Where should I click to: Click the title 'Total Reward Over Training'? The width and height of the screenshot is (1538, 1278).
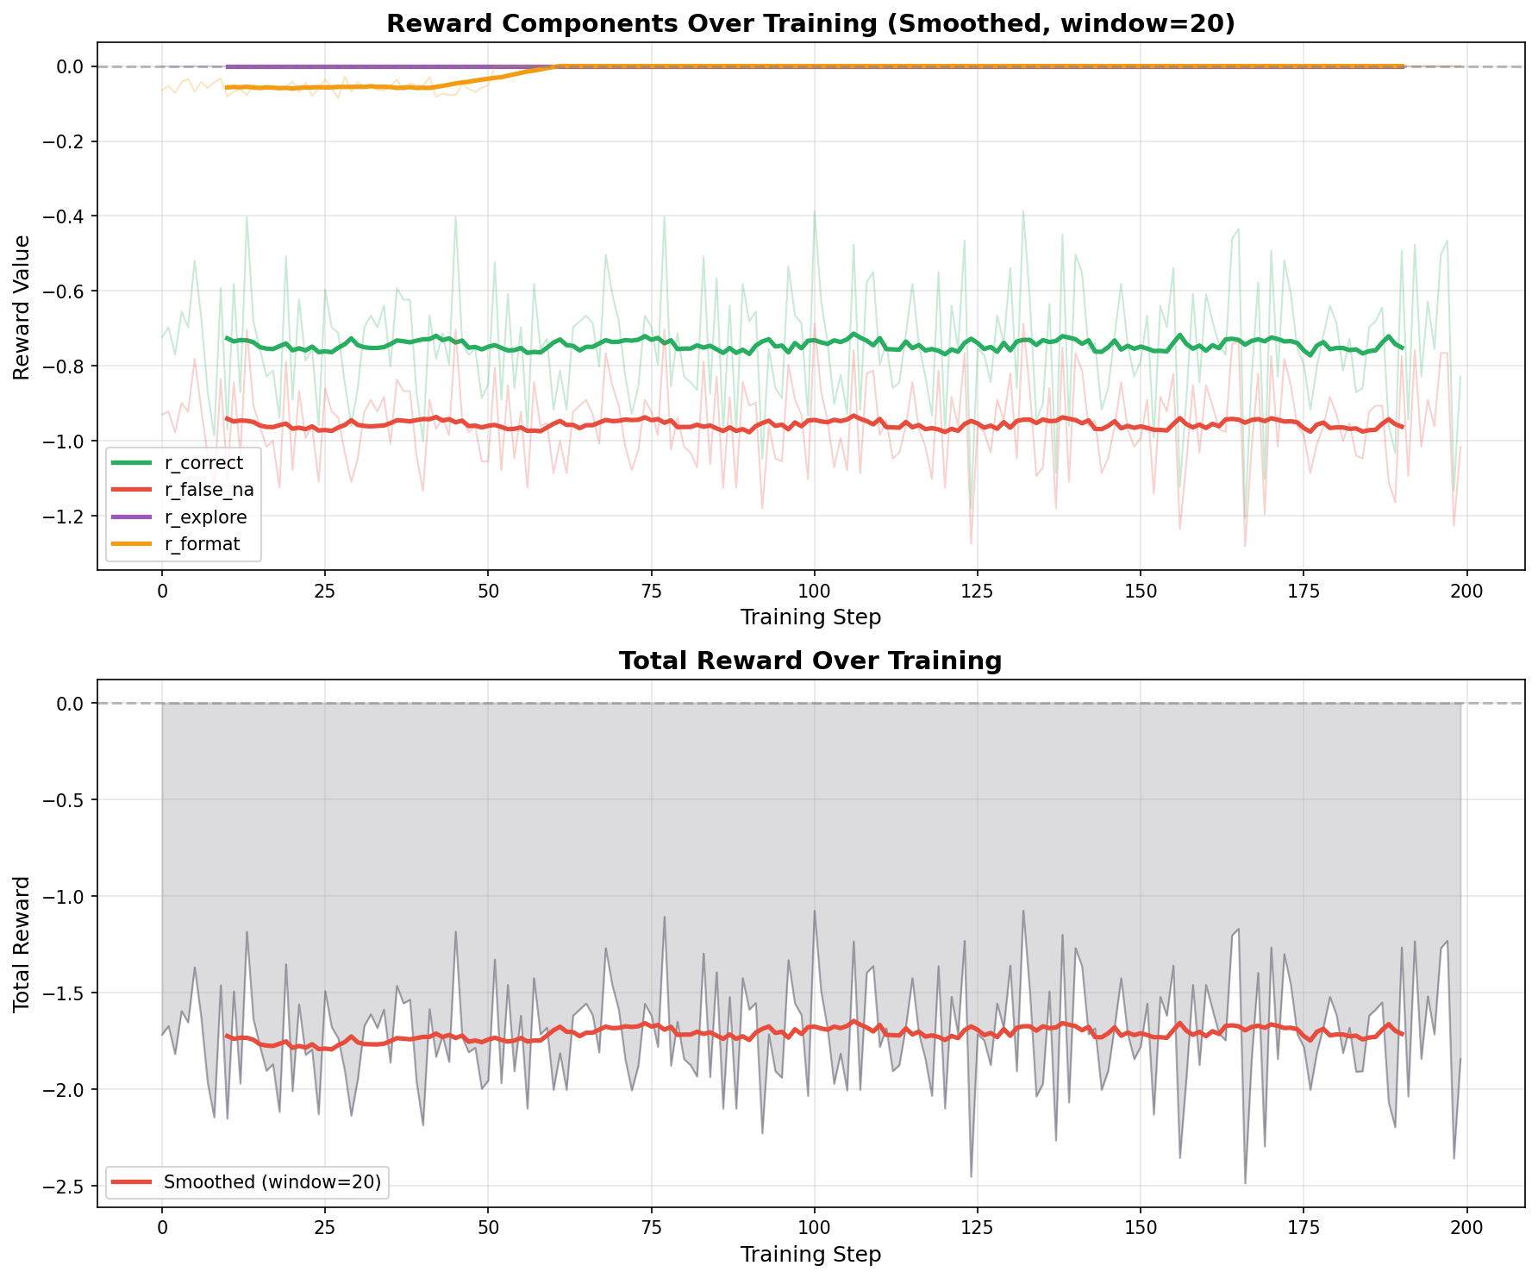pyautogui.click(x=810, y=661)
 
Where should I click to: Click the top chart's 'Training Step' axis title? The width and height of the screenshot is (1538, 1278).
pyautogui.click(x=810, y=617)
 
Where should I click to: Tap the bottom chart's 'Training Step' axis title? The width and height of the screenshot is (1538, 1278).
pyautogui.click(x=810, y=1255)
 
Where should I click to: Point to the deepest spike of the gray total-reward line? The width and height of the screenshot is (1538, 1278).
pyautogui.click(x=1245, y=1183)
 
